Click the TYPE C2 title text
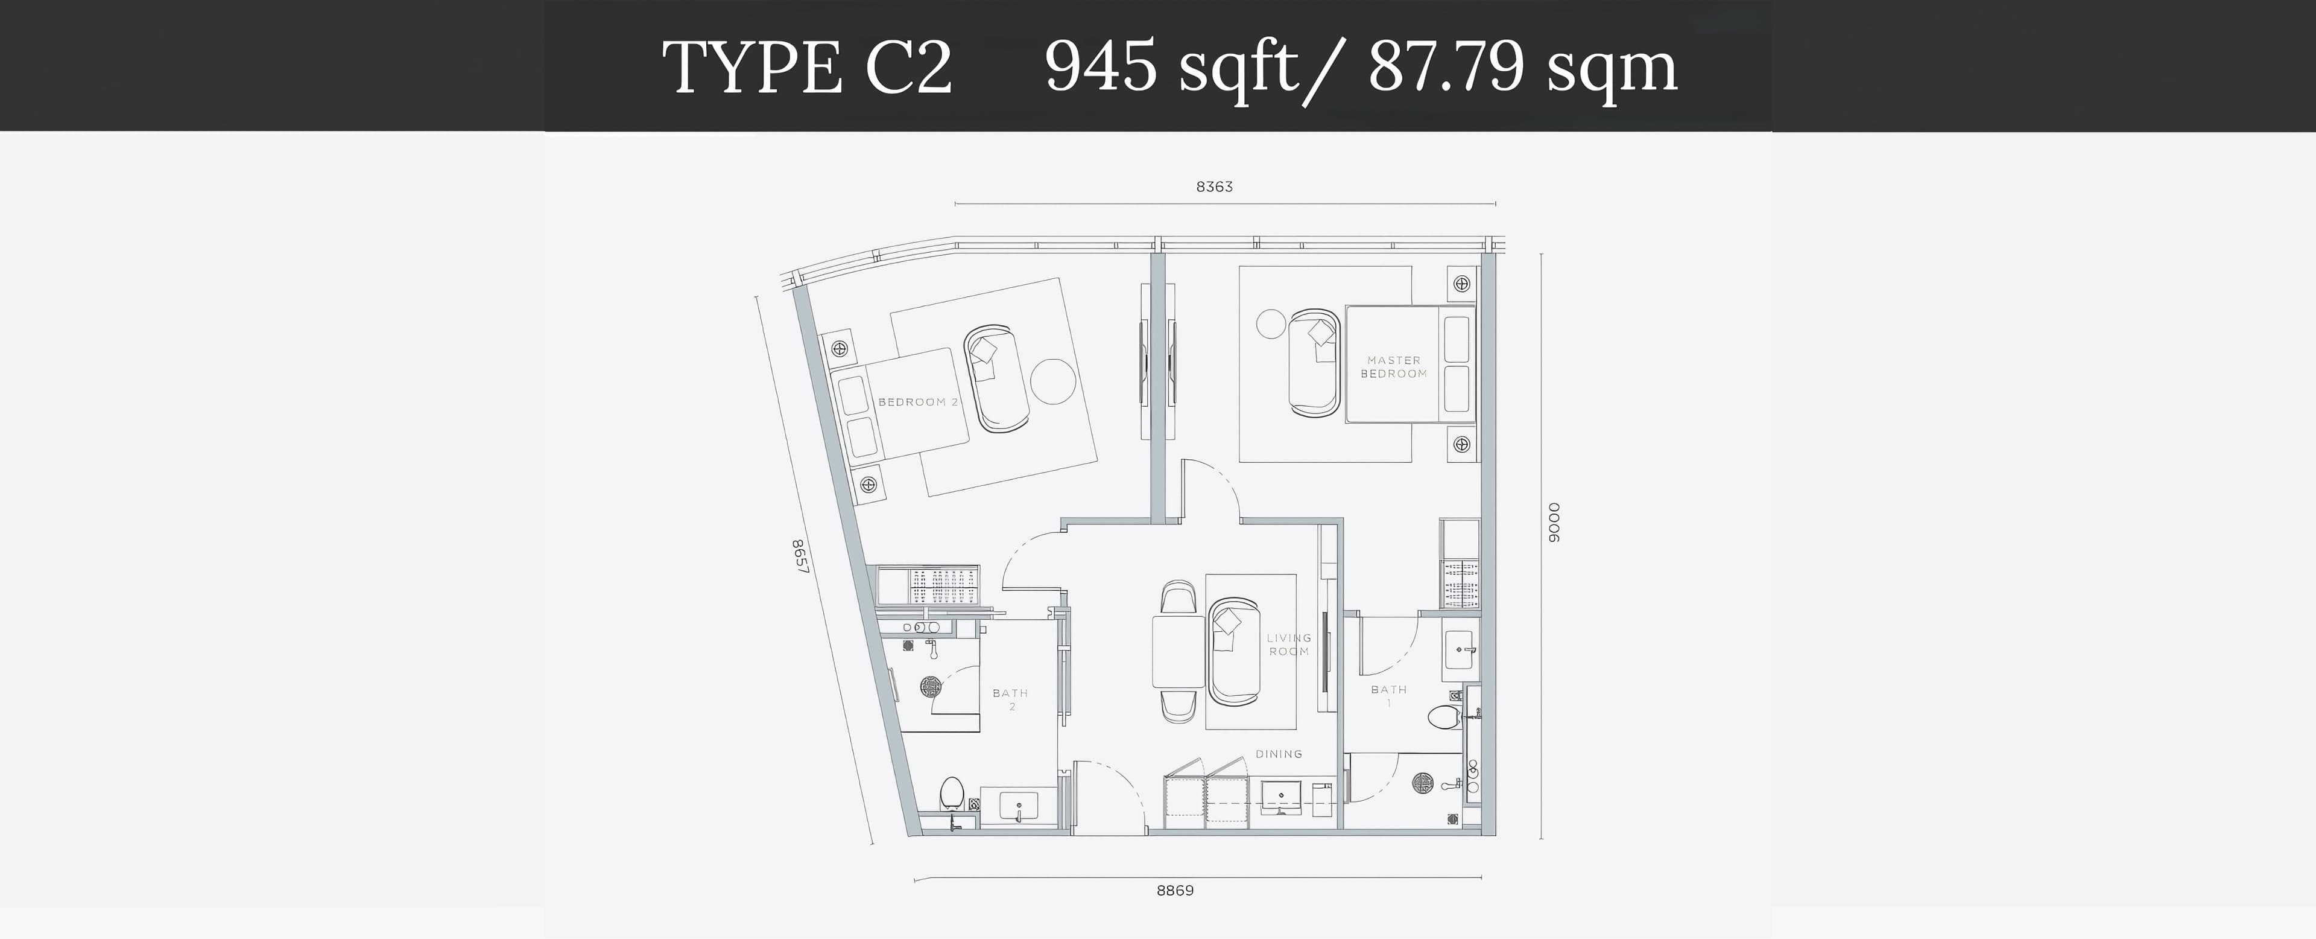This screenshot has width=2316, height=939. (x=806, y=68)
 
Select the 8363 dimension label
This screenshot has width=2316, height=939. (x=1213, y=187)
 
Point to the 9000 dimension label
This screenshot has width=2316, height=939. (x=1554, y=523)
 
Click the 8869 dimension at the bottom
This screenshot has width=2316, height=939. (x=1175, y=891)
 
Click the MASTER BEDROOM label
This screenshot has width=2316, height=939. (x=1394, y=367)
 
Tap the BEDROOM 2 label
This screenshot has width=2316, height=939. (x=913, y=402)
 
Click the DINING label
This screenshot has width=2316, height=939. (x=1279, y=754)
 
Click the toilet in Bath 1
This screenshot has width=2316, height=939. (x=1445, y=718)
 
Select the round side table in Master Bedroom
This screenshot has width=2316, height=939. (x=1271, y=324)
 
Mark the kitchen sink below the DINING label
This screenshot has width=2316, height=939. (x=1280, y=798)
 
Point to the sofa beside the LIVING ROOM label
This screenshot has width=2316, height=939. (x=1233, y=651)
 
